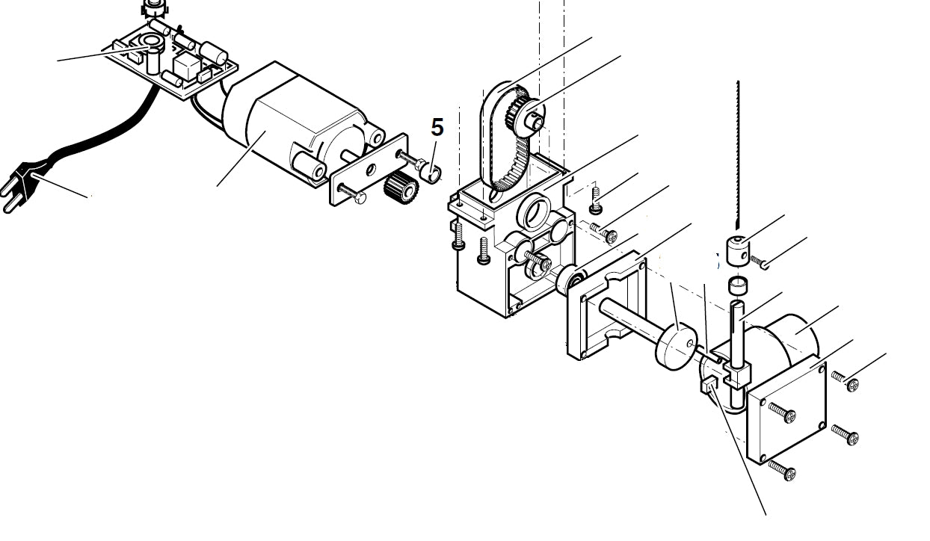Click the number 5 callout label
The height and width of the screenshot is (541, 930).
coord(437,128)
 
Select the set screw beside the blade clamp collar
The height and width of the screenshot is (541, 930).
coord(760,262)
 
